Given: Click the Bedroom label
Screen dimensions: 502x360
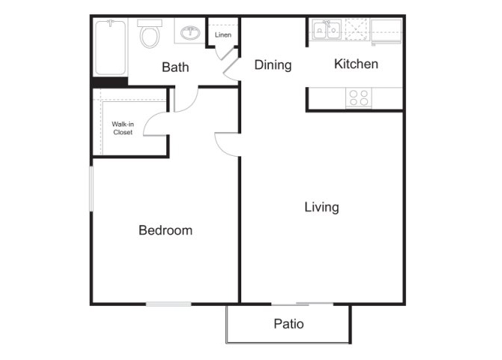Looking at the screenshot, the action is pyautogui.click(x=166, y=230).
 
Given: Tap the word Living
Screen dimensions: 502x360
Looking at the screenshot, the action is pyautogui.click(x=321, y=207).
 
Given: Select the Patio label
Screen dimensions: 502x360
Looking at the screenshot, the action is pyautogui.click(x=288, y=324).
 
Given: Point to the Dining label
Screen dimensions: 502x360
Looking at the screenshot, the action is pyautogui.click(x=273, y=65).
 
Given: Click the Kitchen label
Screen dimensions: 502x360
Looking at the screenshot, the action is pyautogui.click(x=356, y=64).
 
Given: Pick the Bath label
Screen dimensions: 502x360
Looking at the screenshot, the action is pyautogui.click(x=175, y=67).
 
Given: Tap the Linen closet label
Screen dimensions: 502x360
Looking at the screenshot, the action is pyautogui.click(x=223, y=34).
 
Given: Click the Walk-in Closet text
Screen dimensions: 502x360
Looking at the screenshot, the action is pyautogui.click(x=123, y=128).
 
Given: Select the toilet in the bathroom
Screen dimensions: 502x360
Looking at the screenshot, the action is pyautogui.click(x=150, y=33).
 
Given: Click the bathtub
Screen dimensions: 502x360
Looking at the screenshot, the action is pyautogui.click(x=110, y=47).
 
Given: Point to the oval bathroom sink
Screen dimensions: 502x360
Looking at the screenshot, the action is pyautogui.click(x=190, y=33).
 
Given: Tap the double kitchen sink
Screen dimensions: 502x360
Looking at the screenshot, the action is pyautogui.click(x=327, y=30).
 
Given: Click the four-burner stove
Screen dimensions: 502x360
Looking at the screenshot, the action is pyautogui.click(x=359, y=97).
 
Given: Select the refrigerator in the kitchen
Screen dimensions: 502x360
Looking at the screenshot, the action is pyautogui.click(x=386, y=31).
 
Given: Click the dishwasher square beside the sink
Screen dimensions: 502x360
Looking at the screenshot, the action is pyautogui.click(x=357, y=30).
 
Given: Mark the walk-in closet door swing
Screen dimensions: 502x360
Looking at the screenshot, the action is pyautogui.click(x=156, y=124).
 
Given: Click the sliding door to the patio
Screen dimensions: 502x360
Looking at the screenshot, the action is pyautogui.click(x=303, y=304).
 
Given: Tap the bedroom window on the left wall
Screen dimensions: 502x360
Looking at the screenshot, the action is pyautogui.click(x=91, y=189).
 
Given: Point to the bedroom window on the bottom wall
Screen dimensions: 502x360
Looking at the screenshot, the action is pyautogui.click(x=169, y=304).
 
